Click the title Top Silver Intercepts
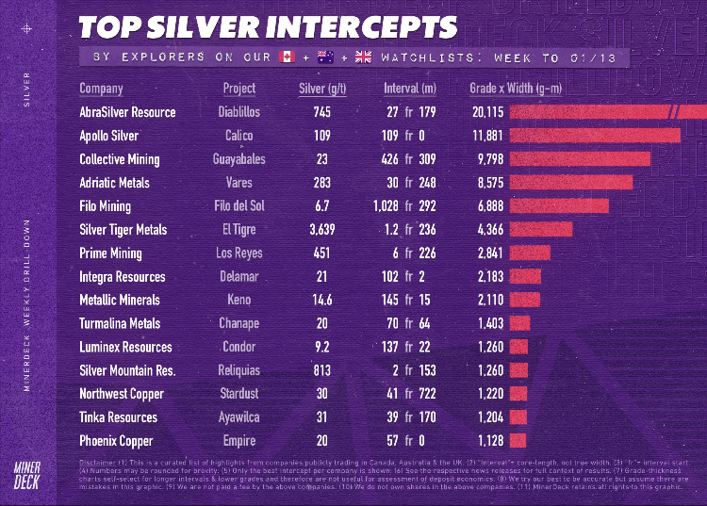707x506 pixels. (268, 26)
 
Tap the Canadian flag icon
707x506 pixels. (287, 57)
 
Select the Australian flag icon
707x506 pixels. (325, 57)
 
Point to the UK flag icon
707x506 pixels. (364, 57)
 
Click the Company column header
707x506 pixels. (101, 89)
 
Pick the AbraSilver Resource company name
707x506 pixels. (127, 112)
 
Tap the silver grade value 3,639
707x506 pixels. (322, 229)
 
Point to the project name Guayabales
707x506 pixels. (238, 159)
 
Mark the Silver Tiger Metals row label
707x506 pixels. (123, 229)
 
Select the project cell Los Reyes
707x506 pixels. (238, 253)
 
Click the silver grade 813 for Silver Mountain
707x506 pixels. (322, 370)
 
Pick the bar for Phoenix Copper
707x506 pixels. (518, 440)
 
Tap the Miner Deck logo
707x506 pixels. (27, 475)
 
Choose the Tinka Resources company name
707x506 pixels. (118, 416)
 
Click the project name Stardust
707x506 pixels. (238, 394)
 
